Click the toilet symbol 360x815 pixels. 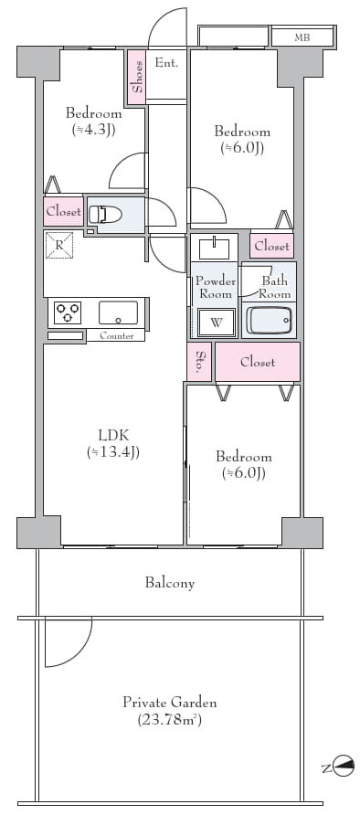click(105, 214)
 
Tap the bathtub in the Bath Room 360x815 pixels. click(269, 320)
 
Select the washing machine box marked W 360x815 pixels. click(217, 323)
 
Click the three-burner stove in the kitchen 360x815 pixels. click(68, 312)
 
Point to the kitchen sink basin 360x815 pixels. click(119, 312)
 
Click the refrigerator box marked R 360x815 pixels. click(59, 246)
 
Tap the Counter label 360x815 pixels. click(116, 335)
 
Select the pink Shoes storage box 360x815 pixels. click(137, 77)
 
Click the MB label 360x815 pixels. click(301, 37)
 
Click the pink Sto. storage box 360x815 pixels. click(199, 362)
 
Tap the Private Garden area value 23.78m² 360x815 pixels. click(170, 720)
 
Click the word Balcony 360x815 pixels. click(170, 583)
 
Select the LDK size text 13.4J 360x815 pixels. click(112, 452)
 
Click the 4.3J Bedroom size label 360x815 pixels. click(93, 130)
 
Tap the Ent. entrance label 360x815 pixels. click(167, 63)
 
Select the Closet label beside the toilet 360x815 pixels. click(63, 212)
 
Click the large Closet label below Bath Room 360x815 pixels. click(258, 362)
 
